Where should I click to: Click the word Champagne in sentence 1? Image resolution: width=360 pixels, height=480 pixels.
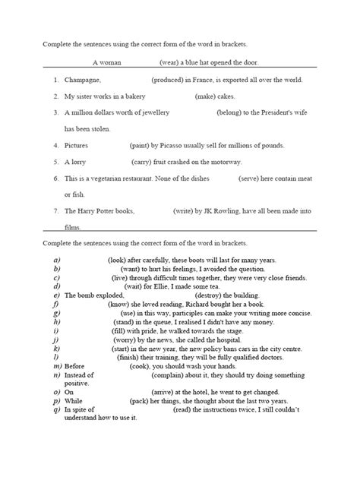[x=83, y=80]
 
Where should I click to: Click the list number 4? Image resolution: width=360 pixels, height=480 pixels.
[x=56, y=145]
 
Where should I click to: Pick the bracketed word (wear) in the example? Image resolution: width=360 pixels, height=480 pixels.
[x=171, y=63]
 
